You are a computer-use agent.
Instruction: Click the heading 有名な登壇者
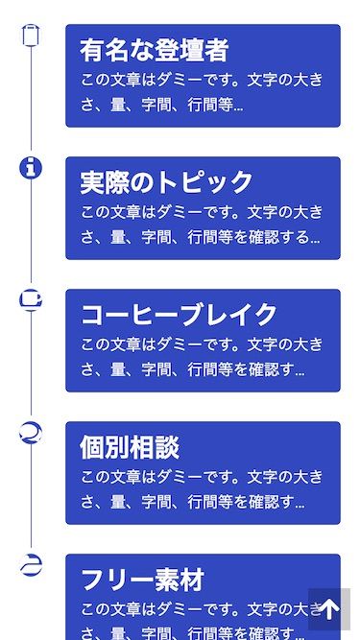coord(154,50)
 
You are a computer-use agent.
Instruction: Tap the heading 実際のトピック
coord(166,182)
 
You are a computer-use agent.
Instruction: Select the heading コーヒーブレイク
coord(179,315)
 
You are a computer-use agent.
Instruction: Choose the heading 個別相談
coord(129,447)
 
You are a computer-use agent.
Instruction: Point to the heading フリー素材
coord(141,580)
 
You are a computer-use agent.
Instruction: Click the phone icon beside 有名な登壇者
coord(32,36)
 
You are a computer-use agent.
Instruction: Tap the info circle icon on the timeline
coord(32,168)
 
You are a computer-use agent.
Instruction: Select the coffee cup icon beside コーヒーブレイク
coord(32,300)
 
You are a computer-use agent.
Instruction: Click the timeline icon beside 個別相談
coord(32,433)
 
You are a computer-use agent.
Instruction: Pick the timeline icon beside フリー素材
coord(32,565)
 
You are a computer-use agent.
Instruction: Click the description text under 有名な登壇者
coord(202,92)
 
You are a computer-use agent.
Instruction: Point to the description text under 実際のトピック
coord(202,225)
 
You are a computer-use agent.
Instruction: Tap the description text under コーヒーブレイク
coord(202,357)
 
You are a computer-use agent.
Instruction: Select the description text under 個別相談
coord(202,489)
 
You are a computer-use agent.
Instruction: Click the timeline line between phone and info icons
coord(32,102)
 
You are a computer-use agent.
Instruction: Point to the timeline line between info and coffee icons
coord(32,234)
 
